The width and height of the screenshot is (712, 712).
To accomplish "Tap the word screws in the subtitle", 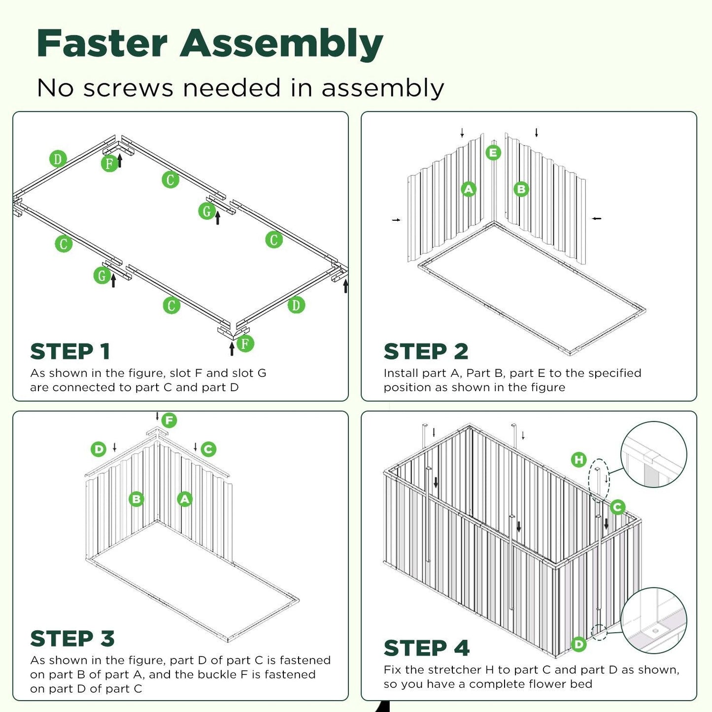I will pyautogui.click(x=128, y=88).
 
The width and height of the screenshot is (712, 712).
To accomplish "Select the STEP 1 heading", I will pyautogui.click(x=70, y=352).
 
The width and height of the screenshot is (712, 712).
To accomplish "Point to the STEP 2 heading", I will pyautogui.click(x=426, y=352).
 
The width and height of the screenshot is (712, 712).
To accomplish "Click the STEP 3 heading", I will pyautogui.click(x=72, y=639).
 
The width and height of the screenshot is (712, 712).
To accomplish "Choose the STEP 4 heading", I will pyautogui.click(x=427, y=648).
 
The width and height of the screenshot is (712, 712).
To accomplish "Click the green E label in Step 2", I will pyautogui.click(x=493, y=153).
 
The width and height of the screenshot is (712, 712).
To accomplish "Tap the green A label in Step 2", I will pyautogui.click(x=469, y=189).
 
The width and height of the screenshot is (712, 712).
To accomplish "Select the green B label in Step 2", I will pyautogui.click(x=521, y=189).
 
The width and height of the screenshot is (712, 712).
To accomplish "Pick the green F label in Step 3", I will pyautogui.click(x=169, y=420).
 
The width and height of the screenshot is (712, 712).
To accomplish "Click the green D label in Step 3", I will pyautogui.click(x=99, y=449).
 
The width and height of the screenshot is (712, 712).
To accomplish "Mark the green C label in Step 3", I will pyautogui.click(x=208, y=449).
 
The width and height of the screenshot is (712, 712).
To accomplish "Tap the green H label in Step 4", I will pyautogui.click(x=578, y=460).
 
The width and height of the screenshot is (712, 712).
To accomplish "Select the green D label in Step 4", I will pyautogui.click(x=578, y=644).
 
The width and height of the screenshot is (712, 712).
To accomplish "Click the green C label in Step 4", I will pyautogui.click(x=617, y=507).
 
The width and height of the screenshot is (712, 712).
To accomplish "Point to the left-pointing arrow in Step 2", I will pyautogui.click(x=597, y=218).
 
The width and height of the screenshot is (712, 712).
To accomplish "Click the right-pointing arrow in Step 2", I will pyautogui.click(x=396, y=220).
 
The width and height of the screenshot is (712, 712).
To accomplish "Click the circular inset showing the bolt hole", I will pyautogui.click(x=654, y=621).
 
